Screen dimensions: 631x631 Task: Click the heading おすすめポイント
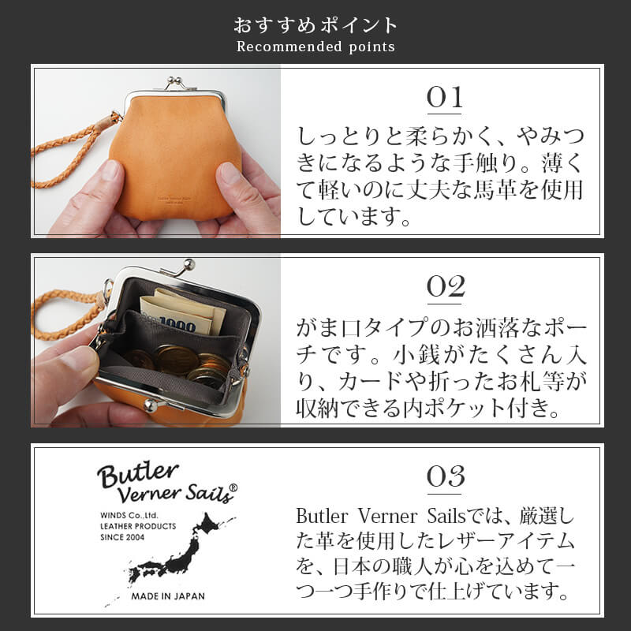(315, 24)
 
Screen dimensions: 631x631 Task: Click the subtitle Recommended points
(315, 47)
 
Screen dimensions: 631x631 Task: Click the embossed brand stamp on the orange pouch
(176, 200)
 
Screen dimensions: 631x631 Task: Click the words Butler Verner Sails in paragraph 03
(362, 517)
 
